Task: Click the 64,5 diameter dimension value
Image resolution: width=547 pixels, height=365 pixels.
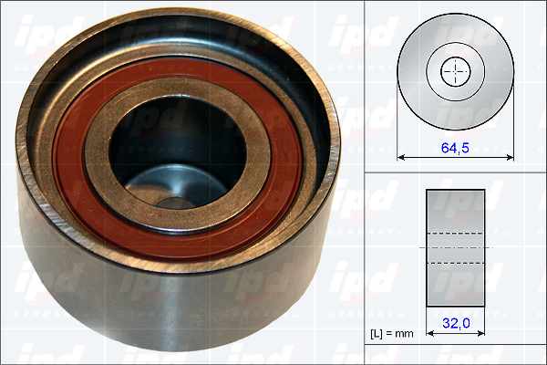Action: (455, 148)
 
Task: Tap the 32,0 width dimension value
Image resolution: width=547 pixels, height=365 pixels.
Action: (456, 323)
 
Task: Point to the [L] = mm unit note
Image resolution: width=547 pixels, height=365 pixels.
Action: (392, 334)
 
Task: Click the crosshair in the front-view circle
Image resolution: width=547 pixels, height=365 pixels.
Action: (456, 71)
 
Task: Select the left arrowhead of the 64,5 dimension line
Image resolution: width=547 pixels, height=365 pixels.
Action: (400, 158)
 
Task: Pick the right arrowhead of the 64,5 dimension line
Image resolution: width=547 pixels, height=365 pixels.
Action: (511, 158)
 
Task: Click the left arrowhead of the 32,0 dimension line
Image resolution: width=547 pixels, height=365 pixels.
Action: (429, 334)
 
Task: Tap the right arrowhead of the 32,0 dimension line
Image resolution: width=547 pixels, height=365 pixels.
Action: (481, 334)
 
